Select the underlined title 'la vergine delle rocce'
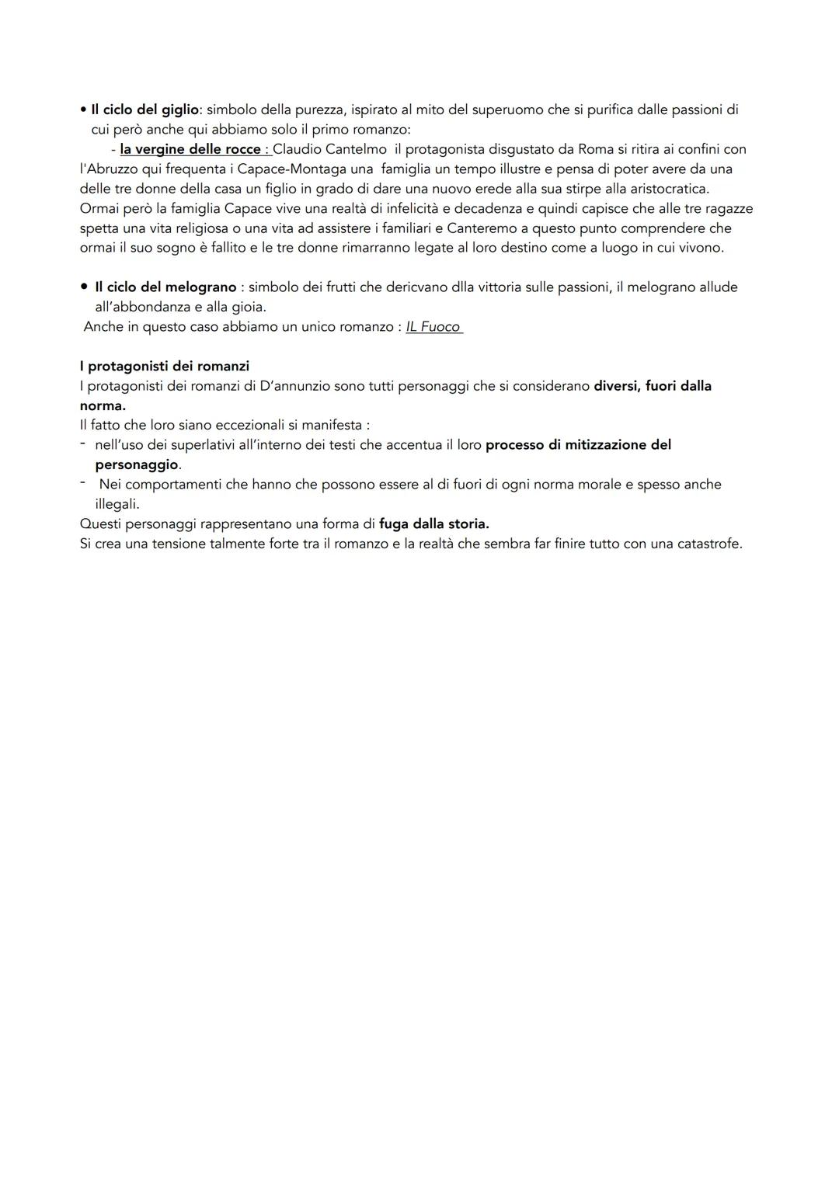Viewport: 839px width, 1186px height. pyautogui.click(x=190, y=149)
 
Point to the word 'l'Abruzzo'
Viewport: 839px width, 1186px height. pyautogui.click(x=110, y=169)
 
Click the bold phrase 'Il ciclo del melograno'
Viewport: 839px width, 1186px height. pyautogui.click(x=165, y=287)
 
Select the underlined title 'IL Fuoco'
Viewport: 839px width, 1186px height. pyautogui.click(x=433, y=327)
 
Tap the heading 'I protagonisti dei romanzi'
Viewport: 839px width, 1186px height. pyautogui.click(x=165, y=366)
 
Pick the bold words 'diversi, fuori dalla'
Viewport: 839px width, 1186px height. pyautogui.click(x=653, y=386)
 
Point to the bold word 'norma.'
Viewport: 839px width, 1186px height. pyautogui.click(x=103, y=405)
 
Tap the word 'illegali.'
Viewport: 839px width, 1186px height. pyautogui.click(x=117, y=504)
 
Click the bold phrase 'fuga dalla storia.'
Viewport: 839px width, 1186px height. pyautogui.click(x=434, y=523)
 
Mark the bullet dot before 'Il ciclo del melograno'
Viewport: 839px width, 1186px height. pyautogui.click(x=84, y=287)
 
